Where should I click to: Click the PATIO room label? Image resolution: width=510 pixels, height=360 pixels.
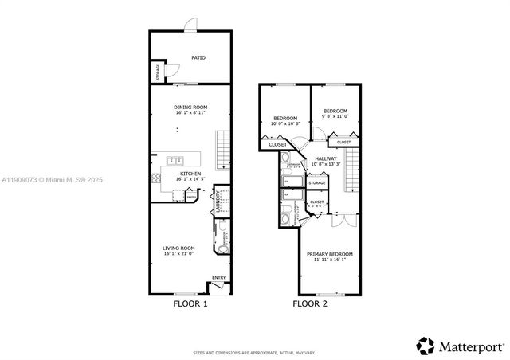point(198,57)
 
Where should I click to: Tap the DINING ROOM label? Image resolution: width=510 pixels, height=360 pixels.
point(191,107)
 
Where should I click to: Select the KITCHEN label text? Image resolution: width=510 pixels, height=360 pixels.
point(190,174)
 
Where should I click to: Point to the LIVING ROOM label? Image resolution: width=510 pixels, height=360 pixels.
point(179,248)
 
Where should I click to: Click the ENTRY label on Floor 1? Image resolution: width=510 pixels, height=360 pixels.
point(218,277)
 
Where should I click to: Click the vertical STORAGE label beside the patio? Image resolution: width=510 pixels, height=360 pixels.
point(157,72)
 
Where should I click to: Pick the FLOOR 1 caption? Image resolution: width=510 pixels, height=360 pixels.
point(190,304)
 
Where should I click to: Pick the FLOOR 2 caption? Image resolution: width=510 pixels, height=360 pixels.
point(310,304)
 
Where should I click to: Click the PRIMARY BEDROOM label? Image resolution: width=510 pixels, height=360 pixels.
point(330,254)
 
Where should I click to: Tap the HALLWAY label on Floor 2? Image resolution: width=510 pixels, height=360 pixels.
point(326,158)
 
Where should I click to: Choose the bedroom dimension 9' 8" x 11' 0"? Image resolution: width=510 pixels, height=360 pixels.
point(335,116)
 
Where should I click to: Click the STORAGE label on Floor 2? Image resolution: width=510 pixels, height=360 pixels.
point(317,184)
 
